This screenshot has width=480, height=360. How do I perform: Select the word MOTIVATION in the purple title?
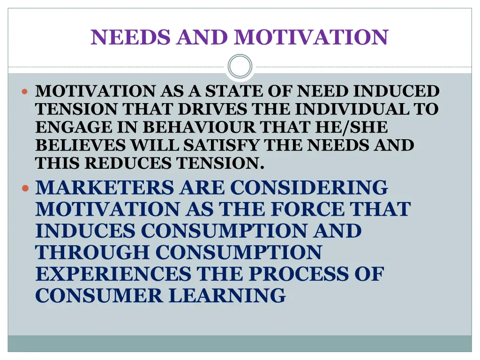(x=311, y=37)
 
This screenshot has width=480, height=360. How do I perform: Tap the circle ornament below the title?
(x=240, y=66)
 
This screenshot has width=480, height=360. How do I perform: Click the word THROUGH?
(x=92, y=252)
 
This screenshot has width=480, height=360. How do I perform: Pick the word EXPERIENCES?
(x=113, y=274)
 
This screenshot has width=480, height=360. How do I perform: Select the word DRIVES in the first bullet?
(x=212, y=109)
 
